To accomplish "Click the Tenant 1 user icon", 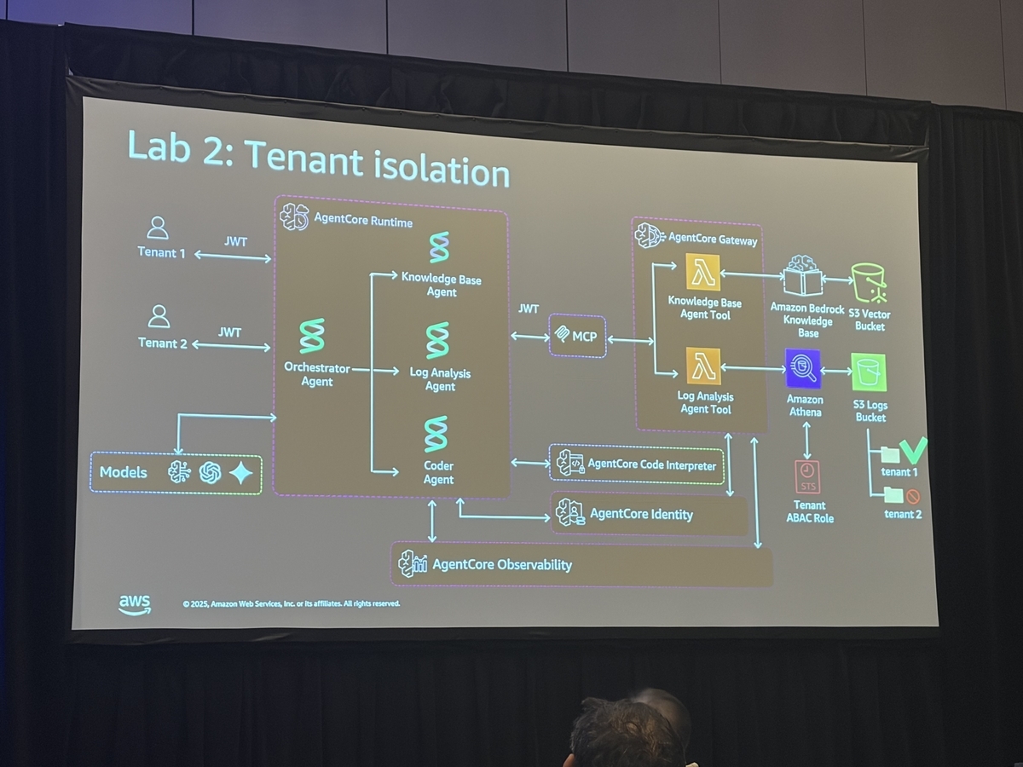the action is tap(158, 228).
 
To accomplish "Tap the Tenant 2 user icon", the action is tap(159, 317).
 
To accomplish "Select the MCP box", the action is tap(577, 336).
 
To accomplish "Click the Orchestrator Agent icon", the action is tap(312, 336).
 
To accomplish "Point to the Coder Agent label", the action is tap(438, 472).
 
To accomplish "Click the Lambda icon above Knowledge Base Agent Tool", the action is tap(702, 272).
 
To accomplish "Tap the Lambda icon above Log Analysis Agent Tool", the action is tap(703, 366).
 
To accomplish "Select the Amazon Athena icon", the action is tap(802, 368).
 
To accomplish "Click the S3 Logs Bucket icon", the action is tap(869, 372).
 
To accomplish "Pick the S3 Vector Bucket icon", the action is tap(868, 283).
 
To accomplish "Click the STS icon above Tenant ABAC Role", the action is tap(807, 477).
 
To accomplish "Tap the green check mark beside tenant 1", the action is tap(913, 450).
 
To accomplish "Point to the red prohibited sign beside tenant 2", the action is tap(912, 497).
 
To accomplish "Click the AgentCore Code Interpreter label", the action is tap(651, 464).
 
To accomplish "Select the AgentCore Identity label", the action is tap(641, 514).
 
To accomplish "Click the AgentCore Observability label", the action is tap(502, 564).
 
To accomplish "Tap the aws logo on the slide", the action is tap(135, 605).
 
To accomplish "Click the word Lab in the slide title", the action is tap(159, 147).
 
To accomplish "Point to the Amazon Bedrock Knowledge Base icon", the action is tap(802, 275).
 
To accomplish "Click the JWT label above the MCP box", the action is tap(528, 309).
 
